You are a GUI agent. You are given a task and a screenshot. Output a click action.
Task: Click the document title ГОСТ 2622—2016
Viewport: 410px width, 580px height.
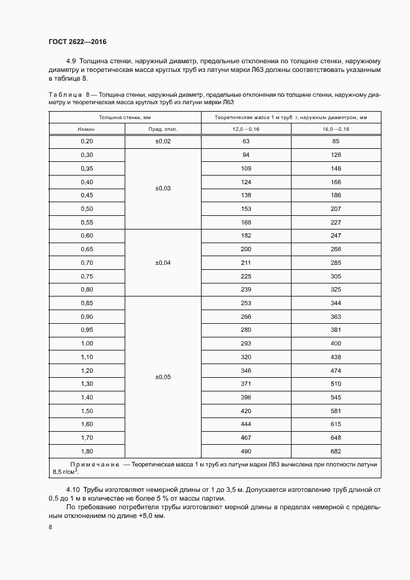[77, 42]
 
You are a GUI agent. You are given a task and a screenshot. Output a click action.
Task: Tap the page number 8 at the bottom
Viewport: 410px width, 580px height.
[50, 527]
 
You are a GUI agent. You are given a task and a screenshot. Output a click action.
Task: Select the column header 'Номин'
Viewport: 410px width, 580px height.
[86, 129]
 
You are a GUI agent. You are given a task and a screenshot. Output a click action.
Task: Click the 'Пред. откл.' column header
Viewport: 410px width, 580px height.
[163, 129]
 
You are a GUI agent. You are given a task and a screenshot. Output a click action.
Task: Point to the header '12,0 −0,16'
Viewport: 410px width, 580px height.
[246, 129]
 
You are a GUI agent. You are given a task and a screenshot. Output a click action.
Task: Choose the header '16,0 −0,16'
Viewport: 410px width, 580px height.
[336, 129]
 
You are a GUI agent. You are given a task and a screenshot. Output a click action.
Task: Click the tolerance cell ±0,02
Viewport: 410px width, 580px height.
[163, 141]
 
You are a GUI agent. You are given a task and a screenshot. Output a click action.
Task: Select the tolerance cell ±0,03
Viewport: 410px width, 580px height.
[163, 188]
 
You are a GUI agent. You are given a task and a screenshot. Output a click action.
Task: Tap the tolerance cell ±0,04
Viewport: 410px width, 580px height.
[163, 262]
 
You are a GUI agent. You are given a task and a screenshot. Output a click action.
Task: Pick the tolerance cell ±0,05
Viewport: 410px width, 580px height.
[163, 377]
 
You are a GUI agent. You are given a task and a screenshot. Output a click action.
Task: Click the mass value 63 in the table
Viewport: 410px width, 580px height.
[246, 141]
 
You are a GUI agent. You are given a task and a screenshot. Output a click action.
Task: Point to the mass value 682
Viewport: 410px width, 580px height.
[336, 451]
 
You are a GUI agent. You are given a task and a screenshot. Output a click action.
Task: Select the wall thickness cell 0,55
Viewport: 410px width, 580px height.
[86, 222]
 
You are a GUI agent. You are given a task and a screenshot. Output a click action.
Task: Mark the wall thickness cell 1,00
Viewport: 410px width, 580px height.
[86, 343]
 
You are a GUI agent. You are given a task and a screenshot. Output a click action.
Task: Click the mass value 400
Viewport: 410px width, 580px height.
[336, 343]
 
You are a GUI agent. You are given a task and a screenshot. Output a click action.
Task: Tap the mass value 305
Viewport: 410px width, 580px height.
[336, 276]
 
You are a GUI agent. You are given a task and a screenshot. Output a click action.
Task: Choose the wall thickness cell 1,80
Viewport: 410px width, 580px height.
[86, 451]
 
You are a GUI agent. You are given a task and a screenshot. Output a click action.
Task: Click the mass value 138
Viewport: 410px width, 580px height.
[246, 195]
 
